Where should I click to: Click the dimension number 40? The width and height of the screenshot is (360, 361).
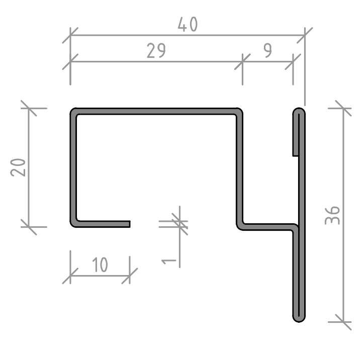(188, 25)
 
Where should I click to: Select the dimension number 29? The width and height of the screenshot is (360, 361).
(156, 51)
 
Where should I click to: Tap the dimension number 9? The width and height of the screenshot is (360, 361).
(267, 51)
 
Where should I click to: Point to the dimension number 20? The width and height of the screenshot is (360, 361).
(18, 167)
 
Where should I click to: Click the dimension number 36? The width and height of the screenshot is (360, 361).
(332, 215)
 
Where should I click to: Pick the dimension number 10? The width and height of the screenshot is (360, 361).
(100, 265)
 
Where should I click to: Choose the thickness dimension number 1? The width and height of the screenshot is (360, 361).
(169, 261)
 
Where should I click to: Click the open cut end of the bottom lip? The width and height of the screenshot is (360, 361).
(130, 224)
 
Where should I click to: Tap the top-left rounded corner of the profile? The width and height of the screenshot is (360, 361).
(74, 112)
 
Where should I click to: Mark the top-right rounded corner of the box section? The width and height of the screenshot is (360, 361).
(239, 112)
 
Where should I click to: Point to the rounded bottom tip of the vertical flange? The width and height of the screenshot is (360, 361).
(299, 319)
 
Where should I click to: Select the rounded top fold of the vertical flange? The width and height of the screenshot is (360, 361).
(299, 111)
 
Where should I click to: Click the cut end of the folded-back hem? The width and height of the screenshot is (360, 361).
(296, 156)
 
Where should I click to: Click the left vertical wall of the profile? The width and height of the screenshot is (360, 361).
(73, 167)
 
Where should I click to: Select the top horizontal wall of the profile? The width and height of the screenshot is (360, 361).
(156, 111)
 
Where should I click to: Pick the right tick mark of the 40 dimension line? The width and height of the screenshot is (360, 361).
(305, 35)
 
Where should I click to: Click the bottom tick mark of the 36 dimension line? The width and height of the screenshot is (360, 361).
(343, 322)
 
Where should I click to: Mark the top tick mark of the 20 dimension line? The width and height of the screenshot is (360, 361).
(29, 108)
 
